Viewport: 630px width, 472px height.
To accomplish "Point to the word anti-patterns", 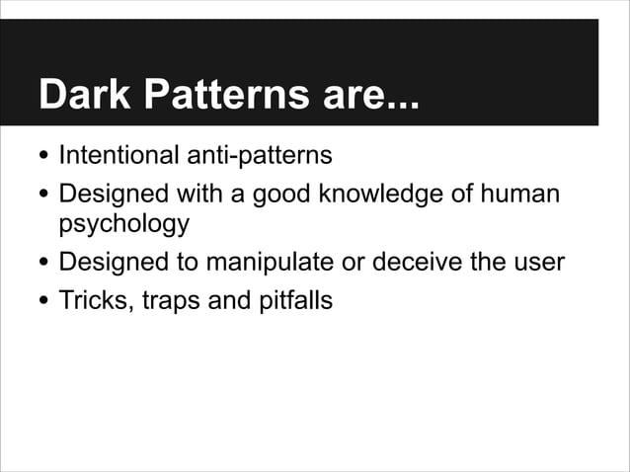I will pyautogui.click(x=264, y=156).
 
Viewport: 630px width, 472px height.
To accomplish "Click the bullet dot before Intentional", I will pyautogui.click(x=43, y=158).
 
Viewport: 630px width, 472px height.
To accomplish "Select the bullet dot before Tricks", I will pyautogui.click(x=43, y=302).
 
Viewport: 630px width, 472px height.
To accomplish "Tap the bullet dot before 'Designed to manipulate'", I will pyautogui.click(x=43, y=266).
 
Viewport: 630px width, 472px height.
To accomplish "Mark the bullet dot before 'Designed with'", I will pyautogui.click(x=43, y=196).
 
